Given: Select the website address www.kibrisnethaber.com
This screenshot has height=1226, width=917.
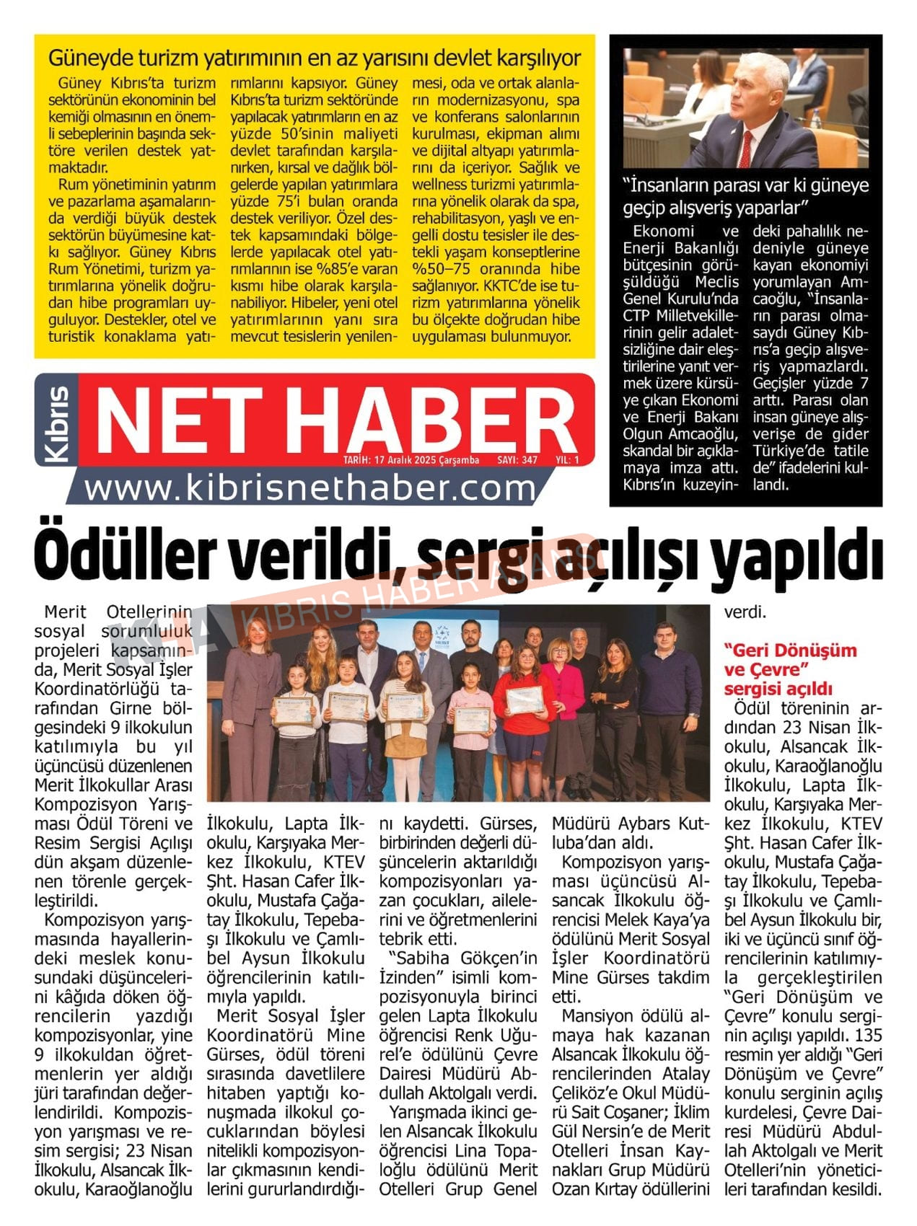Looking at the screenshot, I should tap(310, 489).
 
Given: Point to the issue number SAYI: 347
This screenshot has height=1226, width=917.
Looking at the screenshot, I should tap(517, 460).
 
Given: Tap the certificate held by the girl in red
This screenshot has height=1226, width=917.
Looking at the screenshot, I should tap(525, 700).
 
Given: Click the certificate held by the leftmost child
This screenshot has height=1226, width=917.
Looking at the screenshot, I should tap(292, 710).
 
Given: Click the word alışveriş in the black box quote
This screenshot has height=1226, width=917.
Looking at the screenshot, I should tap(742, 208).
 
